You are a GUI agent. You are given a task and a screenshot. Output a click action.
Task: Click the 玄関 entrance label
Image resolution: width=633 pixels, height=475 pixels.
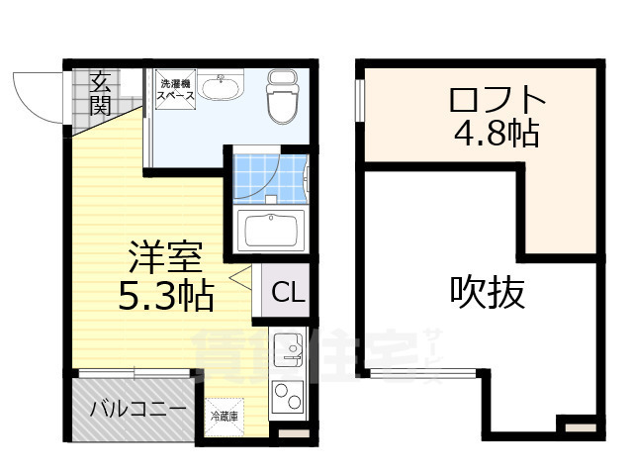pos(99,92)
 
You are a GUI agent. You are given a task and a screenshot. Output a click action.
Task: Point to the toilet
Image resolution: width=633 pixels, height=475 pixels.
pos(283,97)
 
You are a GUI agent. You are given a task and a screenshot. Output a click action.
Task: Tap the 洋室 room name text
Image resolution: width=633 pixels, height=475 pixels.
pos(165,258)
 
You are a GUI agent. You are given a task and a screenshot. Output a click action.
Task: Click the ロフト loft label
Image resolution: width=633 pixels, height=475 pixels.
pos(496,99)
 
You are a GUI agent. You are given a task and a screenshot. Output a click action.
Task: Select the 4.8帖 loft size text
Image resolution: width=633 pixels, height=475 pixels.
pos(496,133)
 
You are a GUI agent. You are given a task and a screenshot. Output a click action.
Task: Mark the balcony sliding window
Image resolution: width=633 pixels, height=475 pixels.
pos(133,373)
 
